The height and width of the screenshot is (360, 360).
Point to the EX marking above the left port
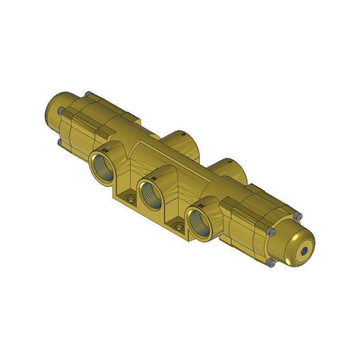point(105,149)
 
